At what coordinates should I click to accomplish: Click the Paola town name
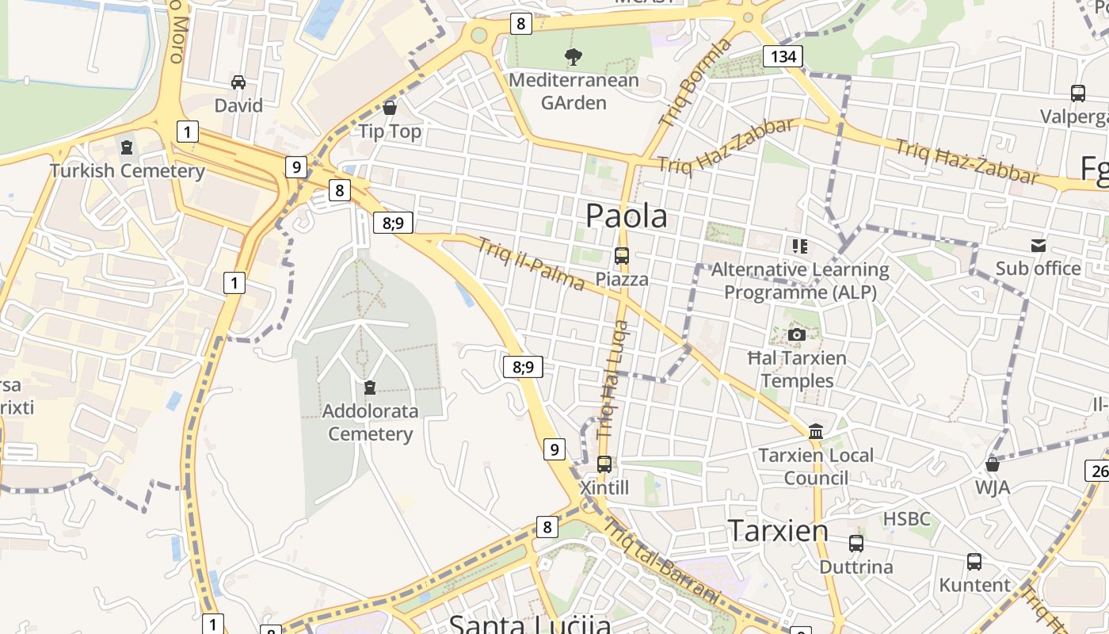pos(626,216)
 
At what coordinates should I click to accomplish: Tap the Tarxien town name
pos(778,530)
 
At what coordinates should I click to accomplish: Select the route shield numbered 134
pos(783,56)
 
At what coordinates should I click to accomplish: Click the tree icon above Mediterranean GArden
pos(573,56)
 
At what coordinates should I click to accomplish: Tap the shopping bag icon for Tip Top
pos(390,107)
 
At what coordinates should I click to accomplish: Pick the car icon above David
pos(238,82)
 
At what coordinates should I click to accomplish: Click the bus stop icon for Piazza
pos(622,256)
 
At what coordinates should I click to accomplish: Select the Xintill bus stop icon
pos(604,464)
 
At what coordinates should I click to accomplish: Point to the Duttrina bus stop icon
pos(856,544)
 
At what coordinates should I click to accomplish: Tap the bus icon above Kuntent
pos(974,562)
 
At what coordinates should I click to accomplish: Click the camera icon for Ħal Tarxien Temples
pos(797,334)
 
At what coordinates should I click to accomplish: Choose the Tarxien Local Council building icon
pos(816,432)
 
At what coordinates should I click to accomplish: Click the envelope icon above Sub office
pos(1038,246)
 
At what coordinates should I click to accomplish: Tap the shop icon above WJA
pos(992,464)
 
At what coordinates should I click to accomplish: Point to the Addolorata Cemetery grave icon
pos(369,388)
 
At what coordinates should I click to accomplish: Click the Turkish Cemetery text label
pos(128,171)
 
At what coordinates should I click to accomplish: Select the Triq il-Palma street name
pos(531,264)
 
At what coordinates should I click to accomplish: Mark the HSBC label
pos(907,519)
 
